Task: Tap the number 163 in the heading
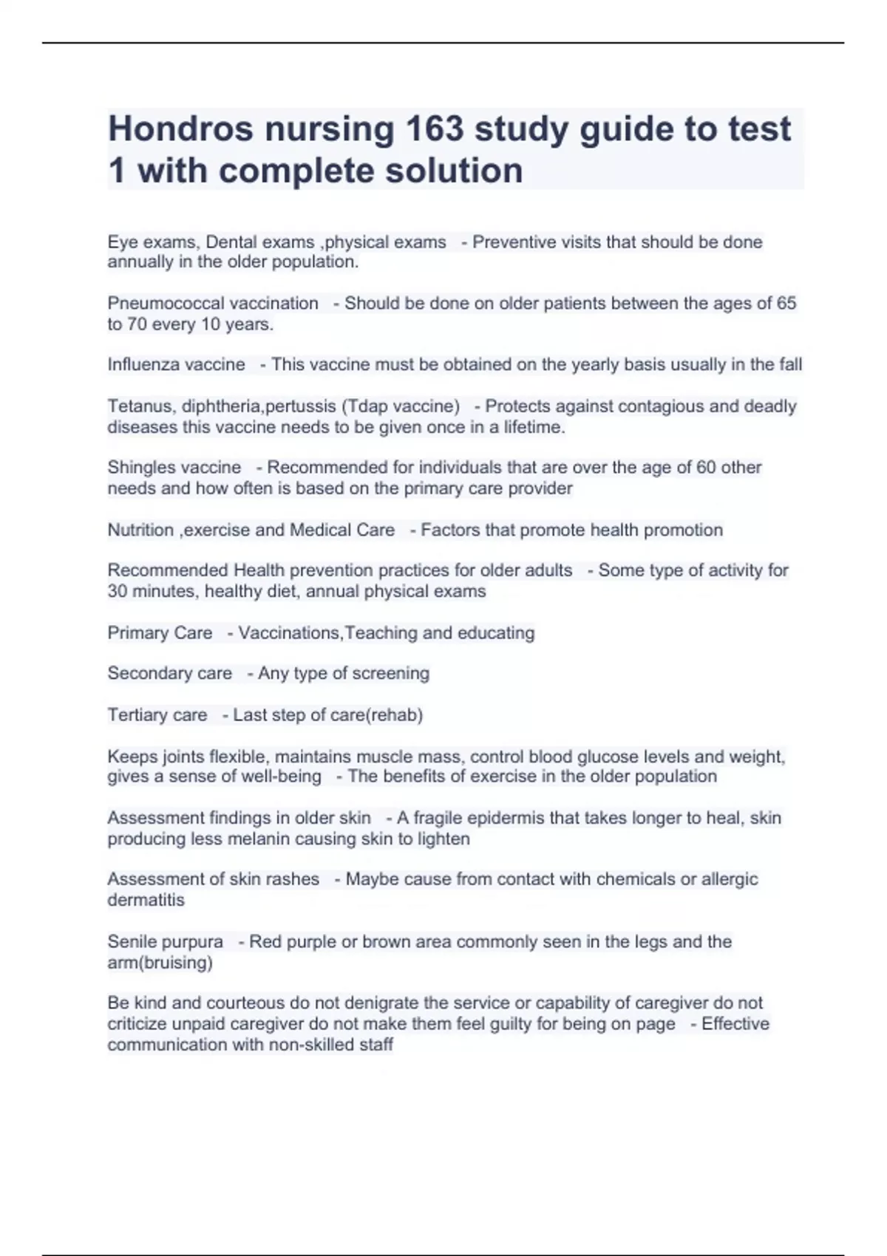tap(435, 129)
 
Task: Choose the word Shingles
tap(137, 468)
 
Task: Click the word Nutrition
tap(140, 530)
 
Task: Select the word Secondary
tap(146, 673)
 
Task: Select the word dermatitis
tap(146, 900)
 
